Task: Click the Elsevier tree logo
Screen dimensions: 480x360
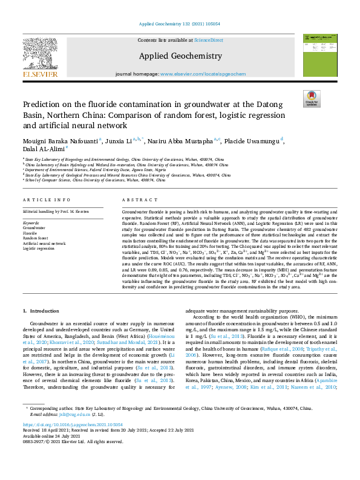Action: pyautogui.click(x=41, y=54)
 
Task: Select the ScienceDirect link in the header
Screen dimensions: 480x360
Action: pyautogui.click(x=208, y=40)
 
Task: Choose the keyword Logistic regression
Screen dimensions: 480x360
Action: pyautogui.click(x=39, y=248)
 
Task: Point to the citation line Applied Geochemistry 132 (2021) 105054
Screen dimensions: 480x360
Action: pyautogui.click(x=180, y=24)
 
